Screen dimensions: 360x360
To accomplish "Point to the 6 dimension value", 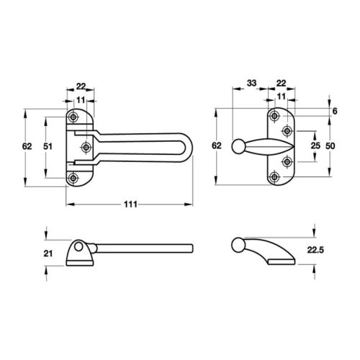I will [335, 112].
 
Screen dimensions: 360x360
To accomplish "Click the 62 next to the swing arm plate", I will [27, 147].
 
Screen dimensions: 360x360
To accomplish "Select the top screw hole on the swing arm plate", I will [74, 117].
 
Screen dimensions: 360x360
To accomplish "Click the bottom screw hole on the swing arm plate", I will [74, 177].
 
